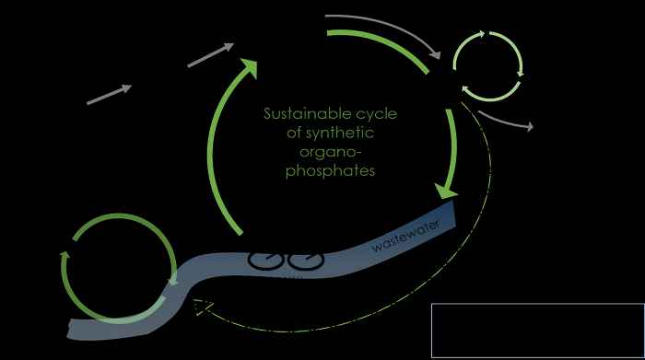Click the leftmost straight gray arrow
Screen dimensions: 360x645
pyautogui.click(x=110, y=94)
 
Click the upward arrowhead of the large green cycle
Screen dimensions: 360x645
pyautogui.click(x=249, y=67)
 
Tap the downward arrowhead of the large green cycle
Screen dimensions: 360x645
pyautogui.click(x=447, y=191)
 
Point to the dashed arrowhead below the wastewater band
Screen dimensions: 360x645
pyautogui.click(x=204, y=307)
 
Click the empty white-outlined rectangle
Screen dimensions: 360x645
pyautogui.click(x=538, y=330)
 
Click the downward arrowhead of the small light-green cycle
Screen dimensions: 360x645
pyautogui.click(x=521, y=73)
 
